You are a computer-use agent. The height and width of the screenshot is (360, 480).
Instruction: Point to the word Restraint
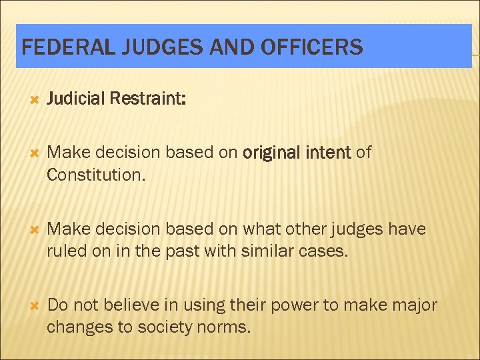(x=148, y=99)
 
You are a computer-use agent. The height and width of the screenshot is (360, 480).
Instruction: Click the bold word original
(x=271, y=153)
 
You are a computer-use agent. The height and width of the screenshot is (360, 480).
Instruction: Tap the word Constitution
(x=94, y=175)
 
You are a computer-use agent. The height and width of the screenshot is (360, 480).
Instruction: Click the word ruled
(x=66, y=252)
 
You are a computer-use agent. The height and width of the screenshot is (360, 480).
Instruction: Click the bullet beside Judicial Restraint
(x=28, y=100)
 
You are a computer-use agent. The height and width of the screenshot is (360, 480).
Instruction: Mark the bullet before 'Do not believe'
(x=28, y=306)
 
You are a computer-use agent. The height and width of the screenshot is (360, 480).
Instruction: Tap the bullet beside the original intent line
(x=28, y=153)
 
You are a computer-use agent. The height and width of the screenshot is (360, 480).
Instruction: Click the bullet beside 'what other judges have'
(x=28, y=230)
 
